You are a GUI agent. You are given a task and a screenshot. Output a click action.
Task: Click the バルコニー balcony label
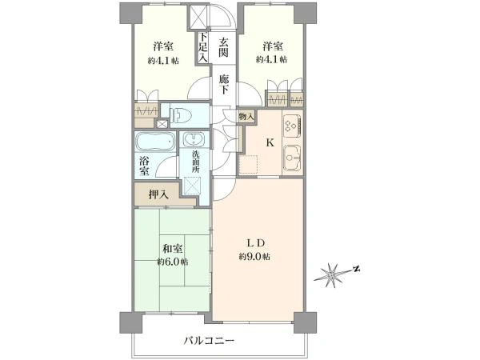point(210,340)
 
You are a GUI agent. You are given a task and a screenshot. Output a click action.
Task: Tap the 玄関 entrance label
point(223,47)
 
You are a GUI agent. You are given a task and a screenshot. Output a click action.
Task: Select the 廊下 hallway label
point(224,85)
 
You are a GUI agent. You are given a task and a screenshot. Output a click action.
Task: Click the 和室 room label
point(172,249)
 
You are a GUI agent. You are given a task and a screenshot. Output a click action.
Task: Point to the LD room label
point(256,243)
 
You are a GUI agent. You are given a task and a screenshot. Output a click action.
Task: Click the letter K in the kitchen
point(270,142)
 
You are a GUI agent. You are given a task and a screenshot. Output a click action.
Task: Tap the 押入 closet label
point(158,194)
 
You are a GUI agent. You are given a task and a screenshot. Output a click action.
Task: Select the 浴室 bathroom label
point(144,166)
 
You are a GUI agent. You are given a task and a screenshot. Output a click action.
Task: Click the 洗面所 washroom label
point(196,162)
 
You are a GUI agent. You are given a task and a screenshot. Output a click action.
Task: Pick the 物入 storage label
point(246,116)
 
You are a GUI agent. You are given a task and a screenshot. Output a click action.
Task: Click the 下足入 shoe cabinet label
point(203,47)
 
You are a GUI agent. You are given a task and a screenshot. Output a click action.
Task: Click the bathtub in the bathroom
point(155,142)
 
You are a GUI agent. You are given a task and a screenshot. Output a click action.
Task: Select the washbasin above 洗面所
point(194,139)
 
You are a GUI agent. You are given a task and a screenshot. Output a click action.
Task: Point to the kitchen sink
point(292,158)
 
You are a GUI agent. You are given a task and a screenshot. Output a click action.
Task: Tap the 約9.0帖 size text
point(254,257)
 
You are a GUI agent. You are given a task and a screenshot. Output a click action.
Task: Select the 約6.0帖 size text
point(173,262)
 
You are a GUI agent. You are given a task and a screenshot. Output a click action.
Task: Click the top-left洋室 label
point(163,47)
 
